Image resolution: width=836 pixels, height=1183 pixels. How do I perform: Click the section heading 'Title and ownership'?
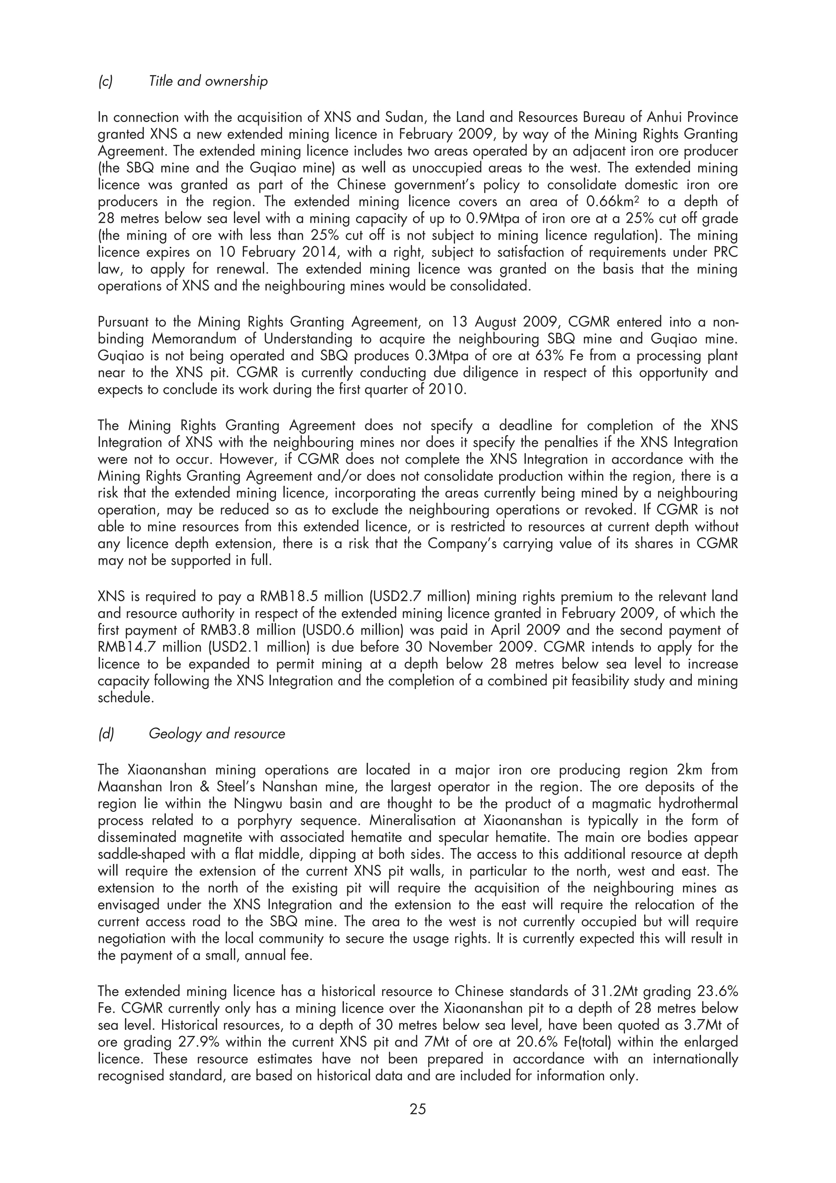[208, 81]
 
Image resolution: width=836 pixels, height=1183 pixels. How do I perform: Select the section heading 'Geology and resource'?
[216, 734]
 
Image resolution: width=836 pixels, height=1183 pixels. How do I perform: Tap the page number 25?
[418, 1108]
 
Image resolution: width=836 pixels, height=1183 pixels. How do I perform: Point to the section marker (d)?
[106, 734]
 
